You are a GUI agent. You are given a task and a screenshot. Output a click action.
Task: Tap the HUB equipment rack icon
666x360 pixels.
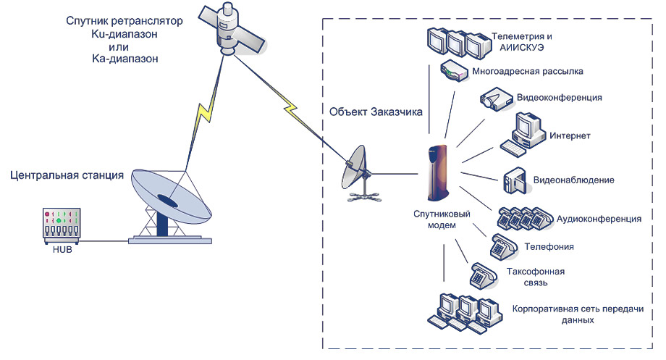(62, 225)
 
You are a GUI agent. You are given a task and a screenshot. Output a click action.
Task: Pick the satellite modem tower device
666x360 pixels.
(438, 172)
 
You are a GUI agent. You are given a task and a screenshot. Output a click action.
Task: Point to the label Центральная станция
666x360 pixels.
(67, 175)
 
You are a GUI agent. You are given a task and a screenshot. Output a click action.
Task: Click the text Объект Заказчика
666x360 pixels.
(376, 112)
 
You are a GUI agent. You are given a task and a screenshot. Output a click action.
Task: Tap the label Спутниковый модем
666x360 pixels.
(442, 219)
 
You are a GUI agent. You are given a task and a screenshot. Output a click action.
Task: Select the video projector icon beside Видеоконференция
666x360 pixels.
(496, 99)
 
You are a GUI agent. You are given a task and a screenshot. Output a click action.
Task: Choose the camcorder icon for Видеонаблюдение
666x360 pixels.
(515, 180)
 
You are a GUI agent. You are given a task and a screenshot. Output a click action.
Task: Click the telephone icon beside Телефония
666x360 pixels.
(504, 247)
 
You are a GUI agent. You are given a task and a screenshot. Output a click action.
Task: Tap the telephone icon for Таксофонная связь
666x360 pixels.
(484, 276)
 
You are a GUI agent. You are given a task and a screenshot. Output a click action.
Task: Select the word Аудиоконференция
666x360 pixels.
(599, 219)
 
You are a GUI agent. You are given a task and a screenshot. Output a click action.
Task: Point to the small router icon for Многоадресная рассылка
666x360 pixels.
(454, 70)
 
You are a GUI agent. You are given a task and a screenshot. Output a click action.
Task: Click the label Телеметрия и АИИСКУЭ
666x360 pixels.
(522, 42)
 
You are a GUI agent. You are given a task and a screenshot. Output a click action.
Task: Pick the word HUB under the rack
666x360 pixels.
(62, 250)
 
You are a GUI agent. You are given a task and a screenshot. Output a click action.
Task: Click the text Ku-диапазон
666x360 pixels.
(125, 34)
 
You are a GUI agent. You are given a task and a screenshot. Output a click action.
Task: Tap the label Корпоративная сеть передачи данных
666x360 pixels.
(578, 314)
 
